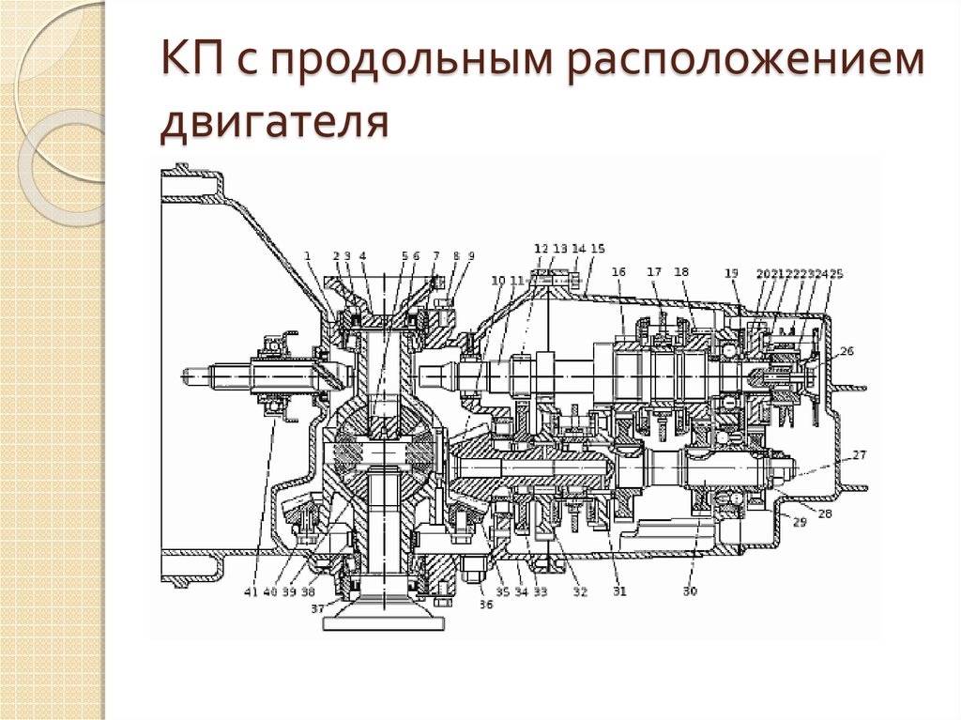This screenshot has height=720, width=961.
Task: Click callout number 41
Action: [251, 592]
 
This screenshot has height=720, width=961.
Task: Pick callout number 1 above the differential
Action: [307, 255]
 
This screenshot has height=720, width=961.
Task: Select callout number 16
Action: [618, 272]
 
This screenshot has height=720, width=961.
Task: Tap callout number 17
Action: [654, 272]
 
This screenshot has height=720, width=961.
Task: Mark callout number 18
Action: [681, 272]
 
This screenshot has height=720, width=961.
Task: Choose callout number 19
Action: [731, 273]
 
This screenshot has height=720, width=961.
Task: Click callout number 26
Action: [847, 352]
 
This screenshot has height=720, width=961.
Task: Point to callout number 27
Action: [859, 454]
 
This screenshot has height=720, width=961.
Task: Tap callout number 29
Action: [800, 522]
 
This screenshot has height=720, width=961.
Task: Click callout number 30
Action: [690, 591]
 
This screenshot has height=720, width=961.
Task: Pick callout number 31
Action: [619, 591]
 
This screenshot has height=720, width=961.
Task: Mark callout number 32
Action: [580, 592]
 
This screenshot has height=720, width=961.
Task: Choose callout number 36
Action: [485, 605]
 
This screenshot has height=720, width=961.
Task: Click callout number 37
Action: [318, 608]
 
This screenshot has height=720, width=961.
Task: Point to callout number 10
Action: [497, 280]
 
